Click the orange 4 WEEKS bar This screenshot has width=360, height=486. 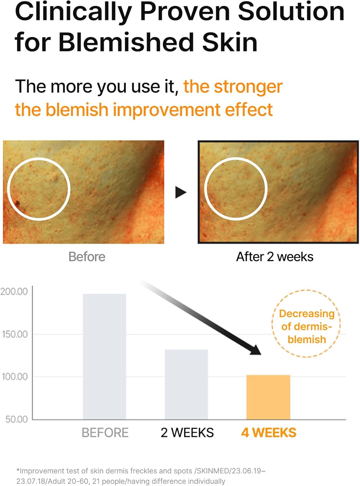[x=268, y=397]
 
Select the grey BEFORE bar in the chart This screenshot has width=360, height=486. [x=104, y=356]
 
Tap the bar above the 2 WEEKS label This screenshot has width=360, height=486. [x=186, y=384]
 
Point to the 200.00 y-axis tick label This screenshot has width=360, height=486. [x=14, y=292]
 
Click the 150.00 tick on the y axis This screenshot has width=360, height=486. [x=15, y=334]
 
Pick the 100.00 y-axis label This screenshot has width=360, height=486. [x=15, y=376]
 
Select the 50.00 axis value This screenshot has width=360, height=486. [x=17, y=419]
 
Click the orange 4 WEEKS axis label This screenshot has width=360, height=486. [x=269, y=433]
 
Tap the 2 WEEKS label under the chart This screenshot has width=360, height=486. [x=187, y=433]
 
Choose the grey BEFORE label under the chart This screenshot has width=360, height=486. [x=105, y=433]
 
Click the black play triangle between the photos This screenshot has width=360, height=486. [x=180, y=192]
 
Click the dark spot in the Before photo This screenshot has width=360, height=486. [x=17, y=204]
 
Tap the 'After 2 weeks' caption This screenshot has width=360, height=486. [x=274, y=257]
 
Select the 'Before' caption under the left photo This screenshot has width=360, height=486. [x=87, y=257]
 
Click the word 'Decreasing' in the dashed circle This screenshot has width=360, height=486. [x=306, y=314]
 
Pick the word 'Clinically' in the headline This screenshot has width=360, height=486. [x=73, y=12]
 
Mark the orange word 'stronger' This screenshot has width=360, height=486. [x=248, y=87]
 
